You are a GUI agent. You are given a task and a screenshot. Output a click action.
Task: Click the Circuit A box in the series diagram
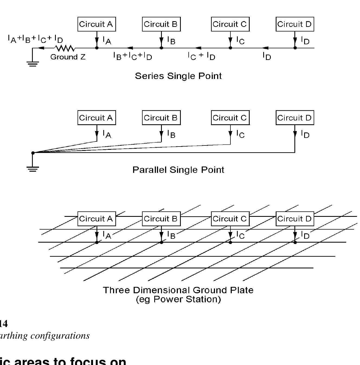pos(97,24)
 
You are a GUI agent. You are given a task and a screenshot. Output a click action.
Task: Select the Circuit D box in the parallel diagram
pos(295,118)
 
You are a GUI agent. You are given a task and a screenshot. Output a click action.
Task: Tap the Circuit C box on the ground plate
pos(230,219)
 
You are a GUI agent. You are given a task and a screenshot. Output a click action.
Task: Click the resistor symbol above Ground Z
pos(65,48)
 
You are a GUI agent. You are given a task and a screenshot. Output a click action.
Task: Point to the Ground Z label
pos(68,57)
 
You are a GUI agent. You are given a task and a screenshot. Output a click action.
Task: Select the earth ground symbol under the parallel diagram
pos(33,169)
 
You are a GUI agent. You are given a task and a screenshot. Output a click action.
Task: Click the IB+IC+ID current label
pos(133,56)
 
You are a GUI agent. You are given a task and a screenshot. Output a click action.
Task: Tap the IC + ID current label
pos(201,56)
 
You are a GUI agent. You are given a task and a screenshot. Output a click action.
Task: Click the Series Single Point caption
pos(178,76)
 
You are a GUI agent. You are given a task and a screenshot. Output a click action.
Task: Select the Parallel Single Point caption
pos(178,170)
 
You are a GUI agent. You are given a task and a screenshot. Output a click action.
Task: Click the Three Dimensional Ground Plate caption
pos(178,290)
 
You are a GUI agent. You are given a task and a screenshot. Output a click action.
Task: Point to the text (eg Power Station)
pos(178,299)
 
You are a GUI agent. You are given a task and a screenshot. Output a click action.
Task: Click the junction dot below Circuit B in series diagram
pos(161,48)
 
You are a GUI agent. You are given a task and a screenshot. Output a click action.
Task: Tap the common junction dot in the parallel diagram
pos(33,153)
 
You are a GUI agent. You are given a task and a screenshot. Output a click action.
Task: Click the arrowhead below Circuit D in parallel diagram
pos(295,134)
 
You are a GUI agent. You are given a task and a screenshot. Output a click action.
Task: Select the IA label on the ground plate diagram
pos(107,235)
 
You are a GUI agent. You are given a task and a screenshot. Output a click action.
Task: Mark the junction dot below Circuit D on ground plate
pos(295,242)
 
